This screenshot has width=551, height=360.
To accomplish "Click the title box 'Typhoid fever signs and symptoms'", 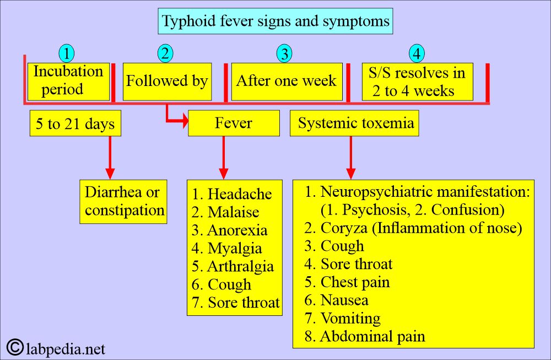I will point(276,22).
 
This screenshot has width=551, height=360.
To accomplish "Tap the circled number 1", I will point(67,54).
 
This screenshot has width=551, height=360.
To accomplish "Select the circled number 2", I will point(165,53).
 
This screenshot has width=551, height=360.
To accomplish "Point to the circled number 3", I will point(284,54).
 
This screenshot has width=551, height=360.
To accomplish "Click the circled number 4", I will point(417,54).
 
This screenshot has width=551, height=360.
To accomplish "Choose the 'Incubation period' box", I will point(68,81).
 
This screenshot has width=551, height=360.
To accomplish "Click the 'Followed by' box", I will point(167,82).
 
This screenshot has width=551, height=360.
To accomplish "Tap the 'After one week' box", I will point(286,82).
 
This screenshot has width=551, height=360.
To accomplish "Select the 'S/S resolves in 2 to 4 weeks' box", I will point(417,82).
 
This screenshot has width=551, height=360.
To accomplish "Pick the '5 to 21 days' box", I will point(75,124).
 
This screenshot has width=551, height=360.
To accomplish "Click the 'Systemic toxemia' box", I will point(354,123).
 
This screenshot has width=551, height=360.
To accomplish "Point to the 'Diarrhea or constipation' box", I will point(123,201).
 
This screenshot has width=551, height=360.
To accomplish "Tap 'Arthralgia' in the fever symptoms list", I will point(240,267).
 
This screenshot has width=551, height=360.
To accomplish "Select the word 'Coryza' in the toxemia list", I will point(342,228).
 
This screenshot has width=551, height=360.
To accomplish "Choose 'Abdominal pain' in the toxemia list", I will point(372,336).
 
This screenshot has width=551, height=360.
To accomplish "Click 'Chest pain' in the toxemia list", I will point(355,282).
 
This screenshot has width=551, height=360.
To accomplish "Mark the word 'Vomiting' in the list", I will point(350,319).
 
